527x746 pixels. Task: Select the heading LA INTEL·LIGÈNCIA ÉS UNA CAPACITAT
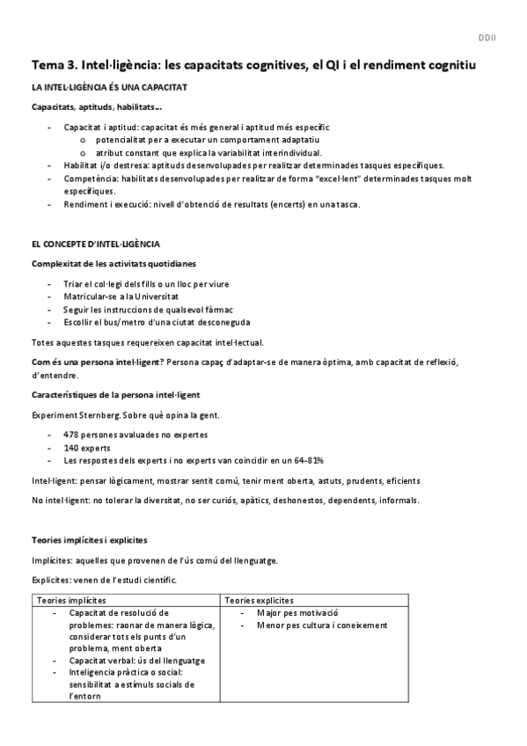109,89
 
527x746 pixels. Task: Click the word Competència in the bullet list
92,178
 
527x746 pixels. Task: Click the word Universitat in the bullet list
162,296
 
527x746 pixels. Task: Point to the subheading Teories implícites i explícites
89,539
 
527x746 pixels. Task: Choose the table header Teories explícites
255,598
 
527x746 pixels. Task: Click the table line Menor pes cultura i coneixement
322,625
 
